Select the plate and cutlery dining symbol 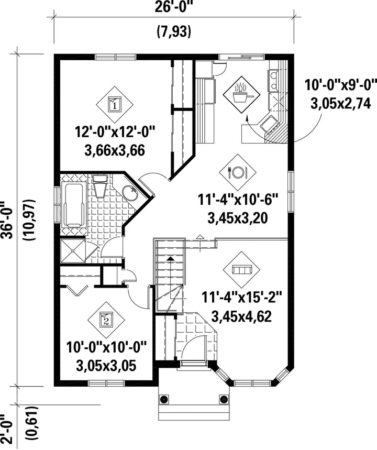click(238, 172)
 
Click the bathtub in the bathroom click(73, 205)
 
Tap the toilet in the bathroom click(100, 186)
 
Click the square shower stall click(73, 251)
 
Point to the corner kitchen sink click(270, 125)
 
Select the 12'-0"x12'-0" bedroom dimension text click(115, 132)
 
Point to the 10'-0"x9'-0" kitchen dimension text click(340, 85)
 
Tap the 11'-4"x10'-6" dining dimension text click(238, 200)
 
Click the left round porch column click(164, 399)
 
